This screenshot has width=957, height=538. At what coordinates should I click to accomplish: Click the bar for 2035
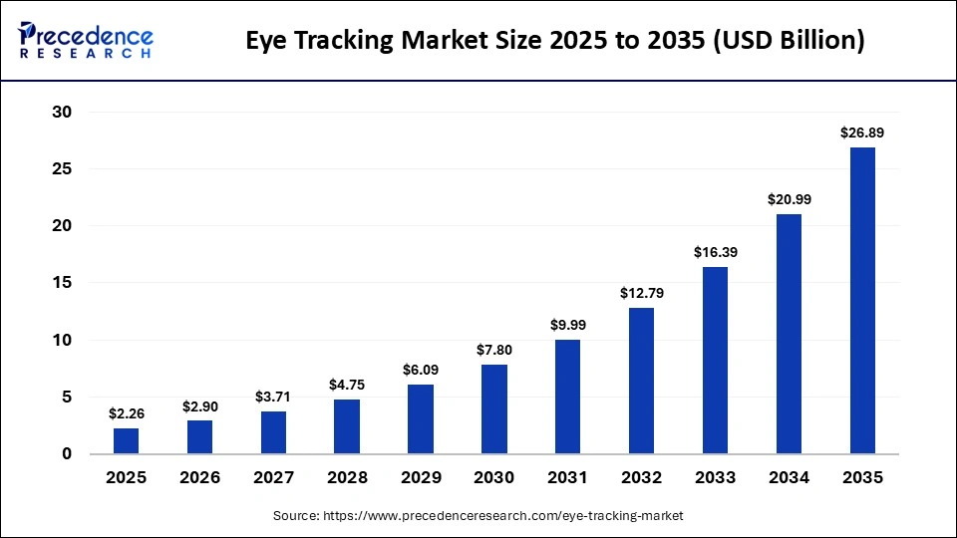862,300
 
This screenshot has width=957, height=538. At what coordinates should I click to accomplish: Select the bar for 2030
493,408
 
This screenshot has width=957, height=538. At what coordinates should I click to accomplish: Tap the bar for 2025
126,440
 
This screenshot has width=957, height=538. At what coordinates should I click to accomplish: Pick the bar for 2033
715,360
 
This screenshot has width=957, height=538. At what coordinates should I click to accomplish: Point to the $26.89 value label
862,132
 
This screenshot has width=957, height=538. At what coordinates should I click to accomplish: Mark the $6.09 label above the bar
421,369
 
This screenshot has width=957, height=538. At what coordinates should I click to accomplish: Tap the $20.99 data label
789,198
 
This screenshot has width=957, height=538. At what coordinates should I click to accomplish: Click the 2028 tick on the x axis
347,478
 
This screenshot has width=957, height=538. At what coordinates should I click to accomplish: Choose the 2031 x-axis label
567,478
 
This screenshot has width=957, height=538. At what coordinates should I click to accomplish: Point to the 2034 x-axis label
789,478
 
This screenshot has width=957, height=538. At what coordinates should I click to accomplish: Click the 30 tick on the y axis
62,113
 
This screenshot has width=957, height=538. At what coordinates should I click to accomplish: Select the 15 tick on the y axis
62,283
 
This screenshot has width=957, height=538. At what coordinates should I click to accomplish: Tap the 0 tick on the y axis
67,454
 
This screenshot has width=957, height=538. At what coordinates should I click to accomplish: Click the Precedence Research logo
85,41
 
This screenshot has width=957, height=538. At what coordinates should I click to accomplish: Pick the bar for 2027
273,432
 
